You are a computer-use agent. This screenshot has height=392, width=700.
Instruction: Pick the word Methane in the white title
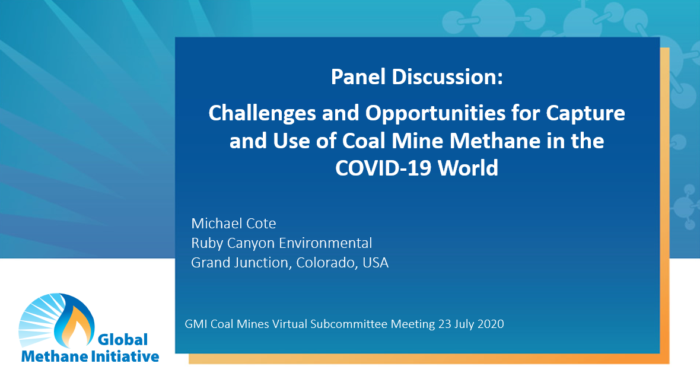pyautogui.click(x=489, y=141)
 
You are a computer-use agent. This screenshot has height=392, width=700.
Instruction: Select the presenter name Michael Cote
pyautogui.click(x=234, y=224)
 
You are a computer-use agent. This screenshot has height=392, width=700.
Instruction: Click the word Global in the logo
pyautogui.click(x=122, y=339)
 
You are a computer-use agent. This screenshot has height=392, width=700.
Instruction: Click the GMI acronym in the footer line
pyautogui.click(x=196, y=324)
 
